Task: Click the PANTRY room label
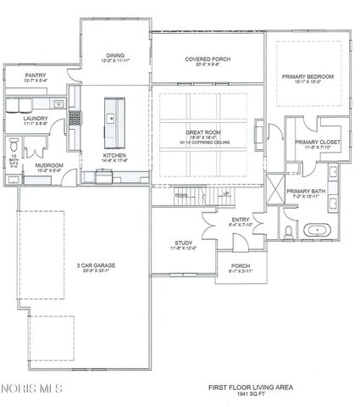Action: coord(35,75)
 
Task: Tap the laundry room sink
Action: coord(58,105)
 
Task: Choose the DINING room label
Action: coord(114,56)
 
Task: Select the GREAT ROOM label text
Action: coord(203,133)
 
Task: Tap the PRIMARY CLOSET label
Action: coord(312,143)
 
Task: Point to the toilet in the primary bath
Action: coord(289,231)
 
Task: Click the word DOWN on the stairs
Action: coord(181,194)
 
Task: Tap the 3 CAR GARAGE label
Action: coord(96,265)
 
